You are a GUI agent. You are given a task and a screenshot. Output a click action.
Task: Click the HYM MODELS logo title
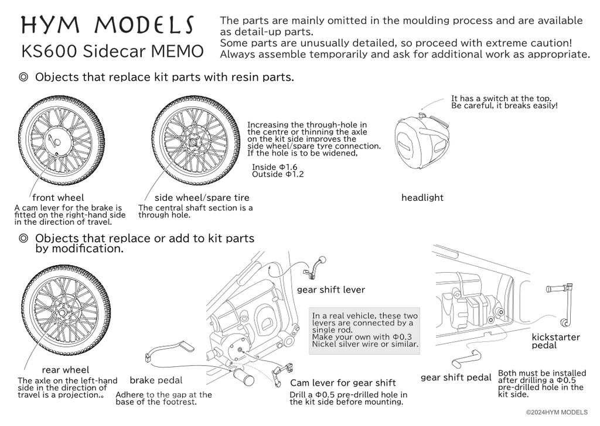click(108, 25)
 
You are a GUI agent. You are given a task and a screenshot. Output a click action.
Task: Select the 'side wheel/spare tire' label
click(202, 198)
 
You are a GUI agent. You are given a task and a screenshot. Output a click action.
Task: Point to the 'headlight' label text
click(422, 198)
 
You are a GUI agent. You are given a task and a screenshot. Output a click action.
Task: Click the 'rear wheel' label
click(66, 370)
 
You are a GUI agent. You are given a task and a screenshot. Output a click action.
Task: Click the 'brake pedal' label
click(156, 380)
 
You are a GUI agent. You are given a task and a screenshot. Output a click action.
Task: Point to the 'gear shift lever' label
click(330, 290)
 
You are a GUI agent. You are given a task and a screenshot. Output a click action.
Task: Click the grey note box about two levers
click(366, 329)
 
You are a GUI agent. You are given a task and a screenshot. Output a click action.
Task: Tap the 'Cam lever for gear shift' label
click(343, 383)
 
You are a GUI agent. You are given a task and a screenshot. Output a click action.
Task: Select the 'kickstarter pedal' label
click(555, 341)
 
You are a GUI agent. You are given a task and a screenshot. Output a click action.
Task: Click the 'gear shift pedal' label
click(456, 378)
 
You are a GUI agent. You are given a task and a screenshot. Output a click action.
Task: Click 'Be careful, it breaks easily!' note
click(504, 106)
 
